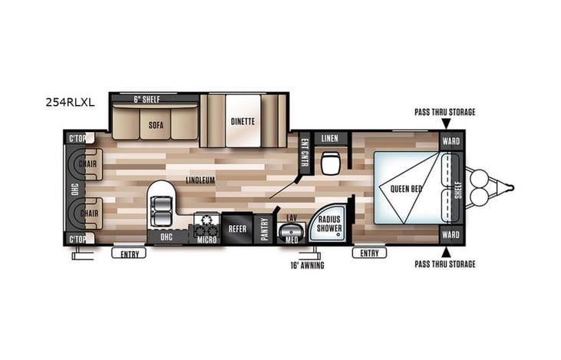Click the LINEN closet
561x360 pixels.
tap(330, 138)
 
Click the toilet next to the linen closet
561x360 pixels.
tap(332, 163)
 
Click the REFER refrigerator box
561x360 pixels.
tap(236, 227)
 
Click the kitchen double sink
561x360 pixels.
tap(161, 206)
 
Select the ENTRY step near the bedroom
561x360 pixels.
tap(369, 253)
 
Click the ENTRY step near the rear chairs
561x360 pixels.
tap(129, 253)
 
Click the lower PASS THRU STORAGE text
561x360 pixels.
tap(444, 265)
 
